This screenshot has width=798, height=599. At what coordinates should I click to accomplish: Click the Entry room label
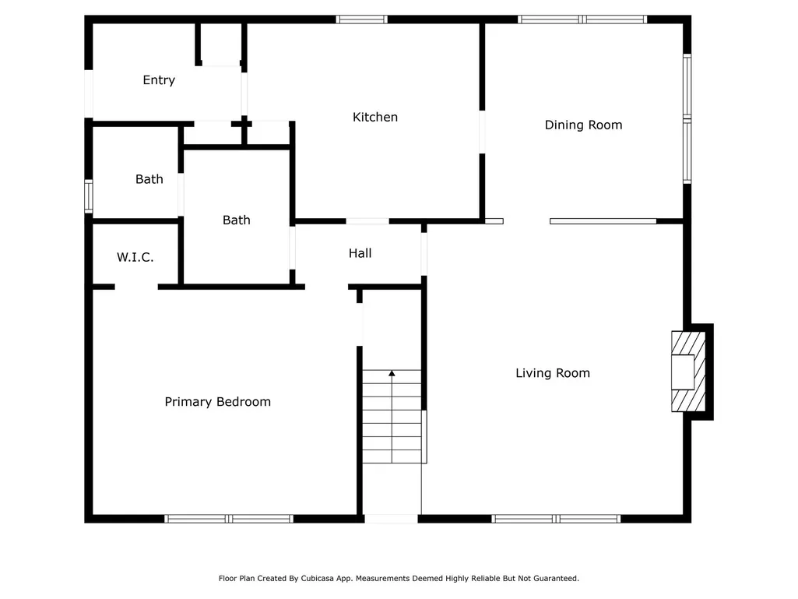[x=159, y=80]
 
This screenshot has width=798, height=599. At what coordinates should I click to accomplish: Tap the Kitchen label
[x=375, y=117]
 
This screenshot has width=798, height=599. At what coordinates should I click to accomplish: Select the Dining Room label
[x=583, y=125]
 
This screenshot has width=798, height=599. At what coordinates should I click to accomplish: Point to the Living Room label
[x=553, y=373]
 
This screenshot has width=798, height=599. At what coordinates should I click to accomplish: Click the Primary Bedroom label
[x=217, y=402]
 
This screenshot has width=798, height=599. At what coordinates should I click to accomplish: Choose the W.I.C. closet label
[x=135, y=257]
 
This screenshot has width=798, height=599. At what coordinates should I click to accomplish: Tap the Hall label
[x=360, y=253]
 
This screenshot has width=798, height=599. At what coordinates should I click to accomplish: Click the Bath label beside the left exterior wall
[x=149, y=179]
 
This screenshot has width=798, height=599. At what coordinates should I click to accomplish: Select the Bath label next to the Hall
[x=236, y=220]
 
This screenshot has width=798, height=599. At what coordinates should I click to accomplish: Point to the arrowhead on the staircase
[x=392, y=374]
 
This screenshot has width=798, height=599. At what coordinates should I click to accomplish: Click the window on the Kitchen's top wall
[x=361, y=19]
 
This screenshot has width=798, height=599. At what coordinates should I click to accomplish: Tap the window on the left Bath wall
[x=89, y=196]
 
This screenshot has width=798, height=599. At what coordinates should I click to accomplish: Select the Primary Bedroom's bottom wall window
[x=229, y=519]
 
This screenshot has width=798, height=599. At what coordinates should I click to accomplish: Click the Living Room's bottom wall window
[x=556, y=519]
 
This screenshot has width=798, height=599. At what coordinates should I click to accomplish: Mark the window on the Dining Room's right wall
[x=687, y=118]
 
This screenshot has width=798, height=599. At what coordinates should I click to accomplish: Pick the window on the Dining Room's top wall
[x=582, y=19]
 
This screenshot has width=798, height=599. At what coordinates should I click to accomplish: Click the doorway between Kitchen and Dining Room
[x=482, y=132]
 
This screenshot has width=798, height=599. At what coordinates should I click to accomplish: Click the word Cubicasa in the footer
[x=320, y=579]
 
